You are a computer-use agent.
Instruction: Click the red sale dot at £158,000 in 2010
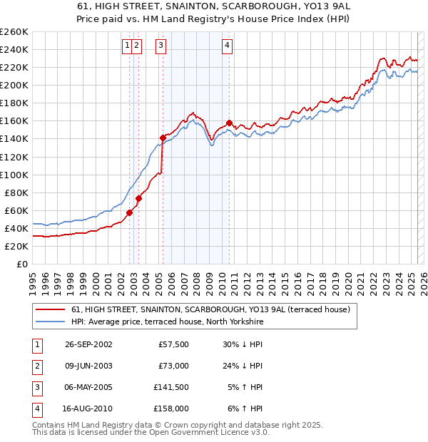(x=229, y=123)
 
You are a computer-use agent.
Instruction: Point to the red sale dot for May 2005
(x=163, y=137)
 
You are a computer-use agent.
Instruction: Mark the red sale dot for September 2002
(x=130, y=212)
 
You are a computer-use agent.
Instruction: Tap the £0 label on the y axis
(x=21, y=264)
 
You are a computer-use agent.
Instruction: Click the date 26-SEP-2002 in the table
(x=88, y=344)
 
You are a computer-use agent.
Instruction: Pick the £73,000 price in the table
(x=173, y=366)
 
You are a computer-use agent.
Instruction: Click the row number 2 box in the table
(x=36, y=366)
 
